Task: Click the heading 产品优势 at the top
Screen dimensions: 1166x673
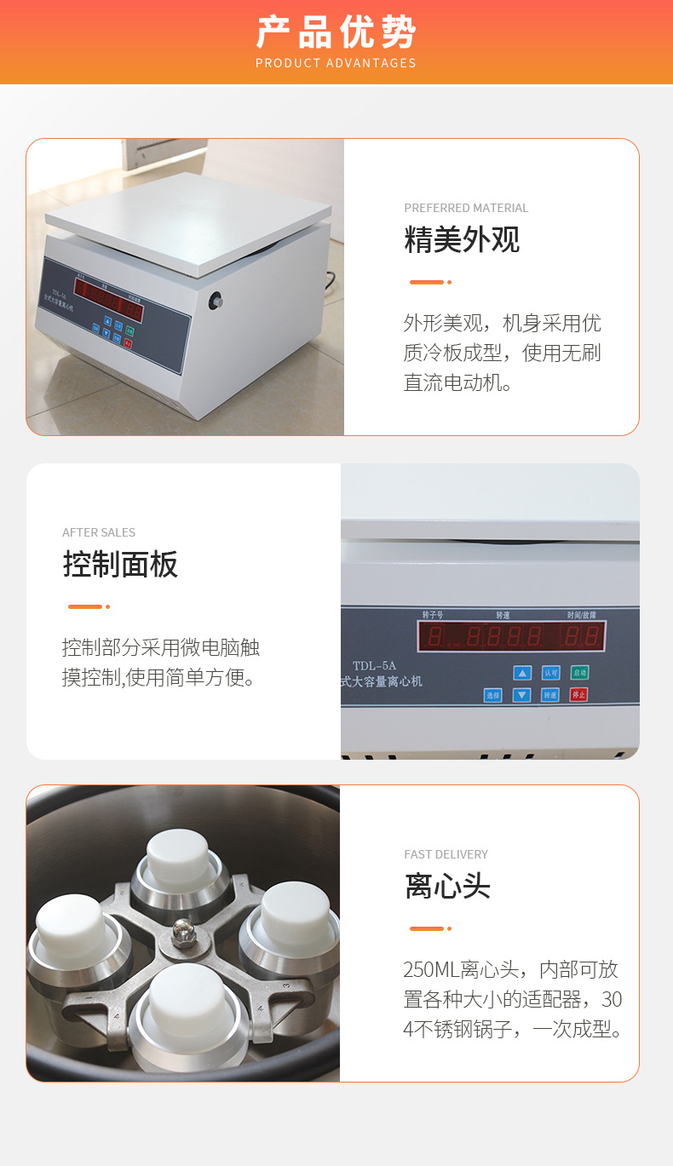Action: point(336,32)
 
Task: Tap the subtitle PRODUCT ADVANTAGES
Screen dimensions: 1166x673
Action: point(336,63)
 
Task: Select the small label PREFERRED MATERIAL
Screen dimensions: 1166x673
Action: point(466,208)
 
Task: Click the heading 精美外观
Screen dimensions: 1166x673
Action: point(462,240)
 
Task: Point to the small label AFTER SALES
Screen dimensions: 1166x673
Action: point(99,532)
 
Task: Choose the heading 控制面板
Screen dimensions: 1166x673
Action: point(120,565)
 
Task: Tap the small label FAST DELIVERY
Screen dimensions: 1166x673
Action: point(446,854)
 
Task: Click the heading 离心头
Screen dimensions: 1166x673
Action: point(447,887)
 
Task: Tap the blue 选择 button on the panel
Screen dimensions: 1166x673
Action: point(493,695)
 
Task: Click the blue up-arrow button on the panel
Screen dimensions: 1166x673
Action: point(522,673)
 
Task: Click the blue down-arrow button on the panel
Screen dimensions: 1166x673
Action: point(522,695)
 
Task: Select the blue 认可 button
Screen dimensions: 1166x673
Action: point(551,673)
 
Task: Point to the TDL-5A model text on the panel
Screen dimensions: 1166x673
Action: point(375,667)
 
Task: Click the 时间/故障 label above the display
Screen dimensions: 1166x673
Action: point(582,614)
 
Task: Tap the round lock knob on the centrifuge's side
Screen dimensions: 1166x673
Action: point(216,300)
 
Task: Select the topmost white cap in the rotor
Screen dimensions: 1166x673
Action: point(178,855)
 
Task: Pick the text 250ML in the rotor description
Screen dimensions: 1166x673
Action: point(430,970)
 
